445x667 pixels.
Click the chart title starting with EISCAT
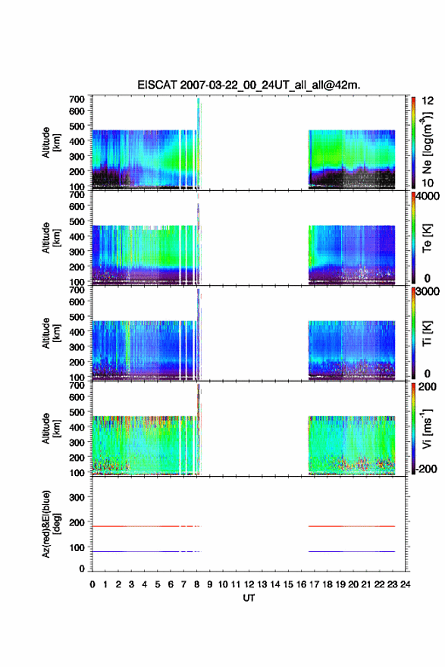pos(249,85)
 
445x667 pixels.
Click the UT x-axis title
pos(249,598)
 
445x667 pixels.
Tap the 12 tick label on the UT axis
pos(249,584)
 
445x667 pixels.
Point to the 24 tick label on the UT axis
pos(405,584)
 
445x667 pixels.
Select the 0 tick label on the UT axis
pos(92,584)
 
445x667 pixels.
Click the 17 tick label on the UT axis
pos(314,584)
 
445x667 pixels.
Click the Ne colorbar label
pos(427,143)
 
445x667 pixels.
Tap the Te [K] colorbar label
pos(427,238)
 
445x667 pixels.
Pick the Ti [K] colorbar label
pos(427,333)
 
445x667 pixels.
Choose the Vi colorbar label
pos(427,429)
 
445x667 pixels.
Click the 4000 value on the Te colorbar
pos(428,196)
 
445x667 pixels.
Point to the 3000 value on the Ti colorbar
pos(428,292)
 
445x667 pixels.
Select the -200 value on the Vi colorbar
pos(426,468)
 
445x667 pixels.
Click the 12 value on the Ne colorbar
pos(428,101)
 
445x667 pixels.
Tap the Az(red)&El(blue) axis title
pos(51,524)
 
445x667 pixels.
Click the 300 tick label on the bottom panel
pos(77,497)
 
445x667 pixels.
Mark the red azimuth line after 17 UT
pos(352,526)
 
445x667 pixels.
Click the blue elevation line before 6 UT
pos(135,551)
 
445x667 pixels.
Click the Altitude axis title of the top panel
pos(51,143)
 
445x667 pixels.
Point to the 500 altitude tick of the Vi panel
pos(77,412)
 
